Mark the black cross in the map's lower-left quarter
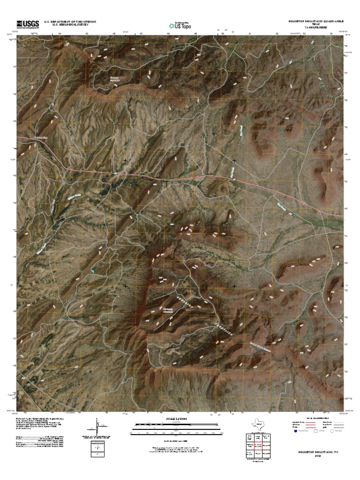tap(126, 285)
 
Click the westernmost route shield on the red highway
tap(115, 172)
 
